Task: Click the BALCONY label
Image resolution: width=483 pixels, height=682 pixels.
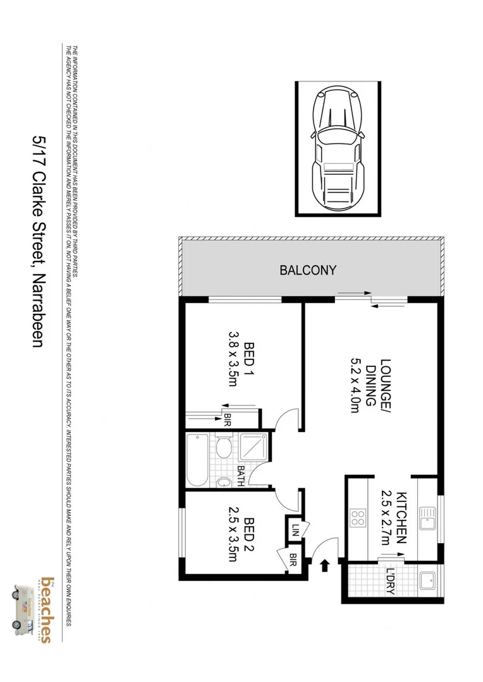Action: point(308,270)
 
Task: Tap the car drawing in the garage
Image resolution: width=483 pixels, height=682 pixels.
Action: point(338,149)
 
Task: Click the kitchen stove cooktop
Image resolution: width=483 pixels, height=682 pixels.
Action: point(358,518)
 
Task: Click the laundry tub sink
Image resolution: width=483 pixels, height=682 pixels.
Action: point(427,580)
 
